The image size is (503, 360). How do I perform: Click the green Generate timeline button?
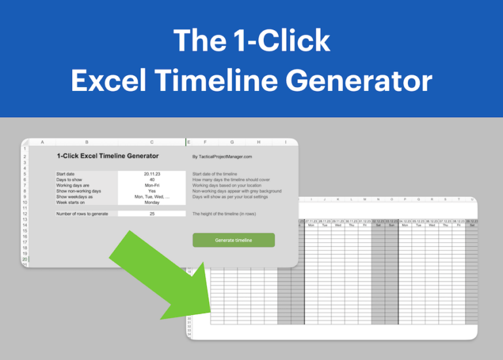click(x=233, y=240)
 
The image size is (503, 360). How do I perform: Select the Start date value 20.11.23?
click(x=152, y=174)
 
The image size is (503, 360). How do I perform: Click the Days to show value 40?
click(x=152, y=179)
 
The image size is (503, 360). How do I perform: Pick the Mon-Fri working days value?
click(x=152, y=185)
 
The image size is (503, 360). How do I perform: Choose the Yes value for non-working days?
click(x=152, y=191)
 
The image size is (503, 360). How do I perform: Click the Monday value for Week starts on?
click(x=152, y=202)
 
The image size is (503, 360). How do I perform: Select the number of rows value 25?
click(x=152, y=214)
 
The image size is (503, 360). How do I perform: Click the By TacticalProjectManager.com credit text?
click(x=222, y=156)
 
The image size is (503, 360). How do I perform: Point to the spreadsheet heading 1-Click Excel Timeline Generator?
click(x=107, y=156)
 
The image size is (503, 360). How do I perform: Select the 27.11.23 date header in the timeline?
click(x=311, y=221)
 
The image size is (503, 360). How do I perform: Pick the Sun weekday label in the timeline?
click(x=391, y=226)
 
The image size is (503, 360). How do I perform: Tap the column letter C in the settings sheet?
click(x=152, y=142)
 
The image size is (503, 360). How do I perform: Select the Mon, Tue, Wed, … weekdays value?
click(x=152, y=196)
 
